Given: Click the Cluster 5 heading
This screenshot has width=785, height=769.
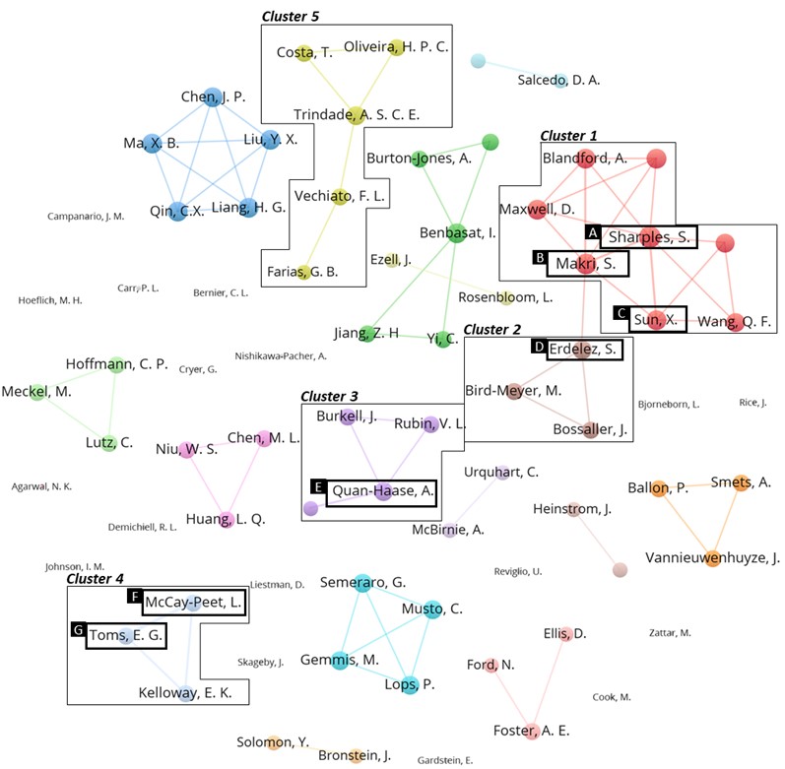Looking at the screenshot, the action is (x=291, y=17).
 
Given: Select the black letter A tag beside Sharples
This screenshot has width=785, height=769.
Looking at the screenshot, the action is (x=593, y=232).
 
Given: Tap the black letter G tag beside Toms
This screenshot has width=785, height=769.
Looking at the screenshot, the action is (x=78, y=629).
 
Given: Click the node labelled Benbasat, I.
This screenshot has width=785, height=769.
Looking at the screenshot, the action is (x=456, y=233).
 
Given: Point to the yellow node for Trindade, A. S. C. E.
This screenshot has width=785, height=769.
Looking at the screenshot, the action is (x=355, y=115).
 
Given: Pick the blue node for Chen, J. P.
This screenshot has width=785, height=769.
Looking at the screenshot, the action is (x=213, y=96).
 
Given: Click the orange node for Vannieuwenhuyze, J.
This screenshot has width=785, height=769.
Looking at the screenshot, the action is (x=712, y=558).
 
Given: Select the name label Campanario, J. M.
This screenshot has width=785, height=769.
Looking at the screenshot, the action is (x=86, y=217).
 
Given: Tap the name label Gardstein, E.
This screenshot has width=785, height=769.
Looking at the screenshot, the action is (x=445, y=760).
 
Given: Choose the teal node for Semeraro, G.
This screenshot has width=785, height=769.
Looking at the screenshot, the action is (x=362, y=583).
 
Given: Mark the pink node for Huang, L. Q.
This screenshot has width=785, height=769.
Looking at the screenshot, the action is (x=227, y=519).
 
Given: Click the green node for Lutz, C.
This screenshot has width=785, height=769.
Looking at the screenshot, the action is (x=108, y=443).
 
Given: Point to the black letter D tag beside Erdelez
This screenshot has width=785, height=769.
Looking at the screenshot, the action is (x=539, y=347).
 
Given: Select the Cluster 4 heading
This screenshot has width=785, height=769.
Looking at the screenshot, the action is (x=95, y=579).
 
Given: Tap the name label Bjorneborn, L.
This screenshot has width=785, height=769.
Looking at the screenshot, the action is (x=669, y=405).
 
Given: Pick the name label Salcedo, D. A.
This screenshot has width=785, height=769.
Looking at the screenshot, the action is (x=558, y=80).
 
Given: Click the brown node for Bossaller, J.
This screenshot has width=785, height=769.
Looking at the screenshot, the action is (x=591, y=429).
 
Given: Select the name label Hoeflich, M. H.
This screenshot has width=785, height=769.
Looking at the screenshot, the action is (x=50, y=300).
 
